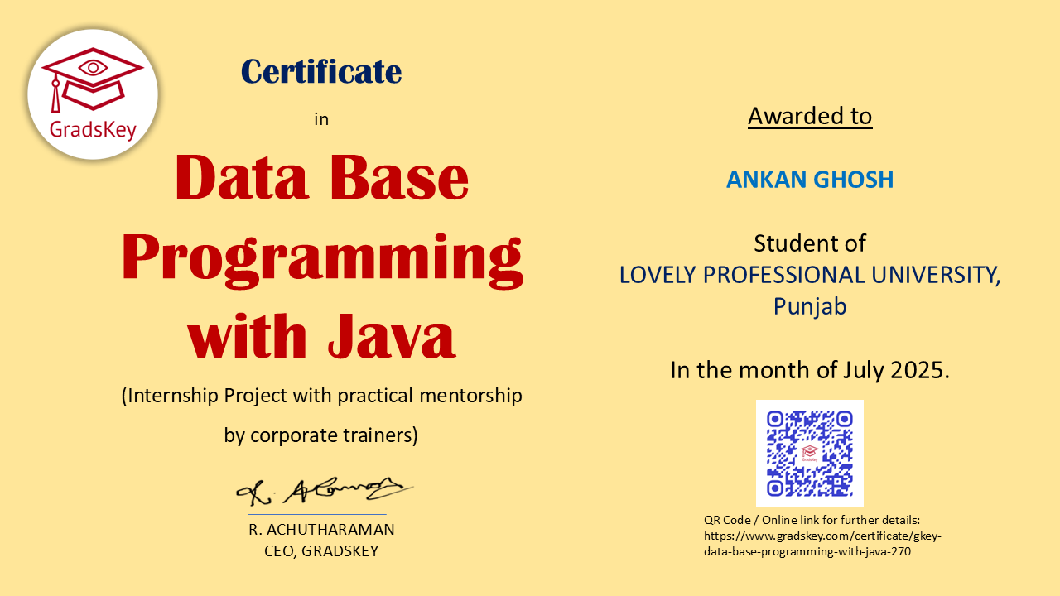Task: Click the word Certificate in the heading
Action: coord(321,72)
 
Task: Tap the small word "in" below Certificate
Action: coord(321,119)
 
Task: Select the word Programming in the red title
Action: coord(322,260)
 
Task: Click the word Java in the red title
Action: coord(392,335)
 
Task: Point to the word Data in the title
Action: coord(242,178)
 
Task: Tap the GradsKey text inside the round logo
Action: coord(93,130)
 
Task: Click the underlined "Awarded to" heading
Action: coord(810,117)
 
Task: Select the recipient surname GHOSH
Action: coord(853,180)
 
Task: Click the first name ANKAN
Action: coord(766,180)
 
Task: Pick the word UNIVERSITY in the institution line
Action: coord(936,276)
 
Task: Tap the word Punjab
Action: coord(810,306)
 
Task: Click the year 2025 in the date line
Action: coord(920,370)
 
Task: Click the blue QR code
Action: coord(810,454)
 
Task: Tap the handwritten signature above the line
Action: coord(325,491)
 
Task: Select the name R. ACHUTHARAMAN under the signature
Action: coord(321,530)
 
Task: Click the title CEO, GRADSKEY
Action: coord(321,551)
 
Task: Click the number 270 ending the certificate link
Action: coord(901,551)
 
